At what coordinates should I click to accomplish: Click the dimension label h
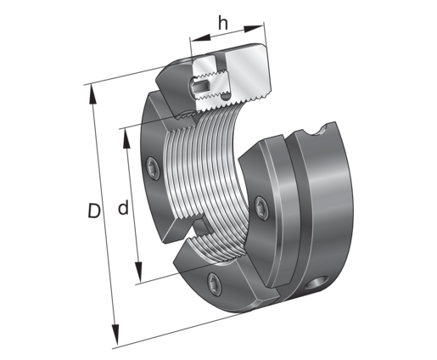coord(223,23)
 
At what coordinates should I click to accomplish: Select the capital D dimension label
coord(94,211)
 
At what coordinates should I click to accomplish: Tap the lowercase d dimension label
coord(123,207)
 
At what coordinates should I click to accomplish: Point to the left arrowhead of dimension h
coord(200,38)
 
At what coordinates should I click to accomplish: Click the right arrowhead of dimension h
coord(254,28)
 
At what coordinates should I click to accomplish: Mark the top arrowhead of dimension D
coord(92,94)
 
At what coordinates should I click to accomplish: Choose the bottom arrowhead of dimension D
coord(115,335)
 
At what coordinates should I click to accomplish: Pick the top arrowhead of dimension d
coord(126,138)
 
